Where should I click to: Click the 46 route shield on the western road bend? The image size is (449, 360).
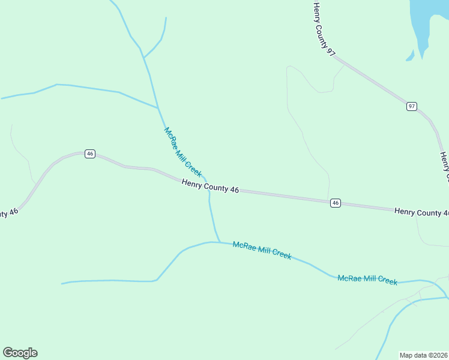pos(90,154)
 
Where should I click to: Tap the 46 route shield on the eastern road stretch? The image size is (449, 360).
pos(336,203)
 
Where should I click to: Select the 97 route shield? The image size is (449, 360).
pos(411,106)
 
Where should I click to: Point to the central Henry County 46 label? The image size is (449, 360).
pos(210,187)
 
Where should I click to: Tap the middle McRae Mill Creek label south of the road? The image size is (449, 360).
pos(262,250)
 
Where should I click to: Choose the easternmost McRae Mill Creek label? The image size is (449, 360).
pos(367,280)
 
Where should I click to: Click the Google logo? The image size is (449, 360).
pos(20,353)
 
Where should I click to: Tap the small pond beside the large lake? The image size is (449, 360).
pos(411,56)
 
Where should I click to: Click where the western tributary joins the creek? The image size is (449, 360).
pos(158,108)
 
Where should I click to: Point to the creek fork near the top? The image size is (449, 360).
pos(143,58)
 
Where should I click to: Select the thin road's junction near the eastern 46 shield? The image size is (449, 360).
pos(328,199)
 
